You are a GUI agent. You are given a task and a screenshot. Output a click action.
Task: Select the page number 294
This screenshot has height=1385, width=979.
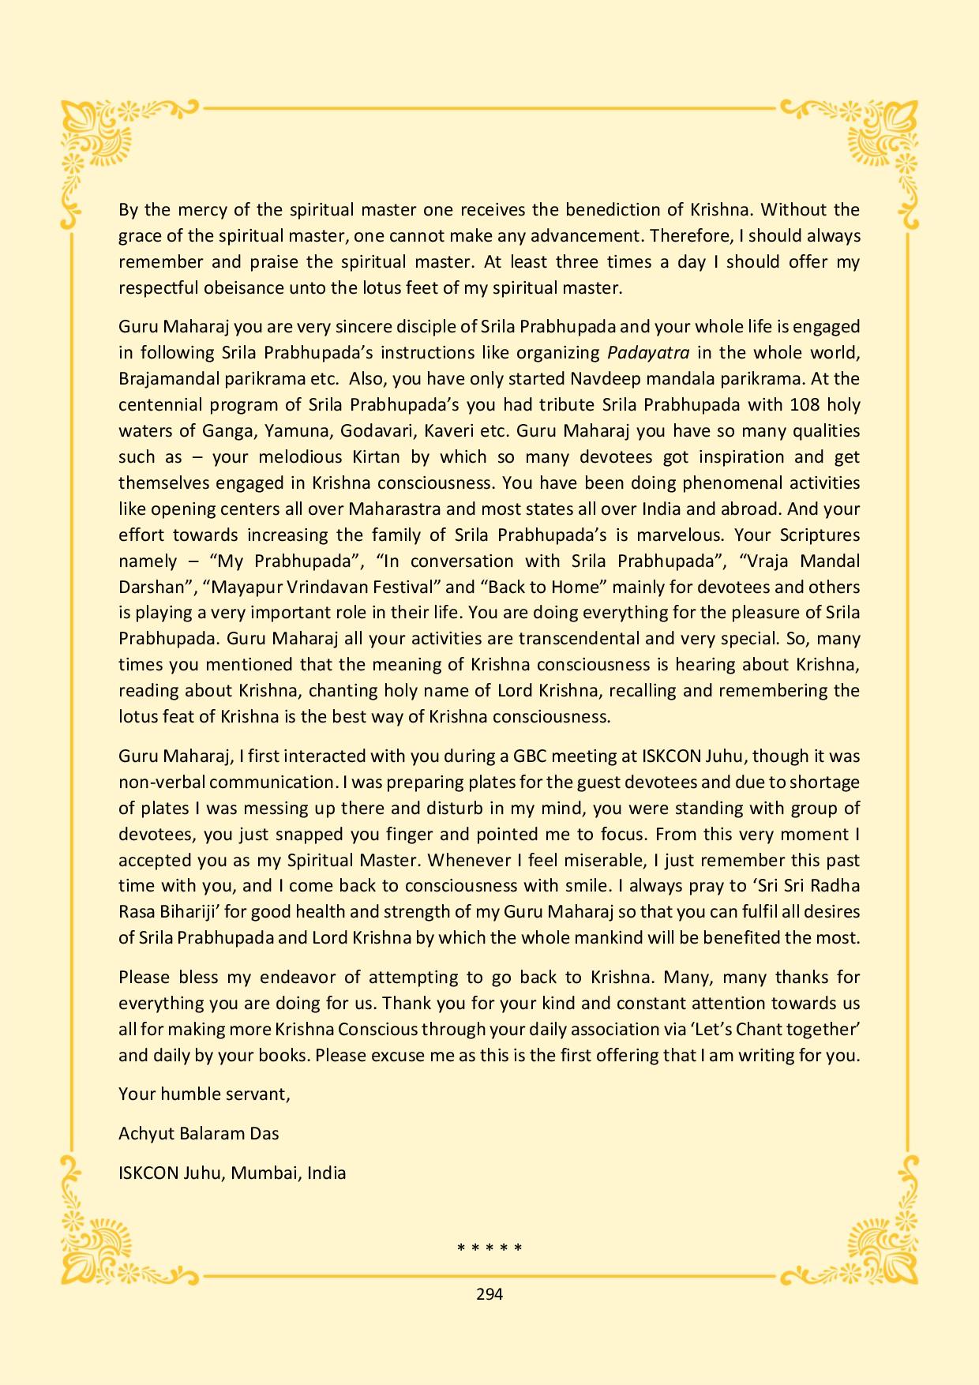pyautogui.click(x=489, y=1293)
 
